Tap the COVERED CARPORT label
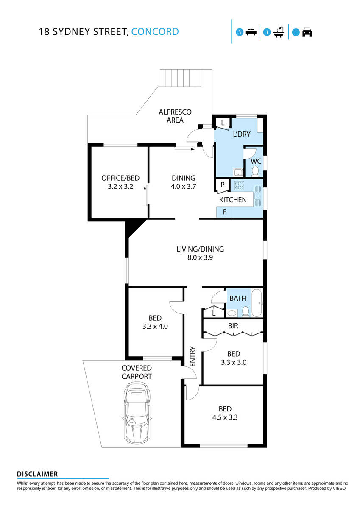136,372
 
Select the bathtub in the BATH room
257,303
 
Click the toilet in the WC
255,171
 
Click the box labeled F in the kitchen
224,212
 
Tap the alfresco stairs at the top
185,77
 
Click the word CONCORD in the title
155,31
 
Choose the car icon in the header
307,32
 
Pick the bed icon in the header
251,32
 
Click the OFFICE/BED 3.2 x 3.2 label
120,182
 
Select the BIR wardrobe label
233,326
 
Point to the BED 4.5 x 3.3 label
225,413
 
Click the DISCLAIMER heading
37,474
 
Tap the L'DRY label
242,134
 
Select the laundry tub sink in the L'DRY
237,172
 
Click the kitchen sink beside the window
258,196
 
